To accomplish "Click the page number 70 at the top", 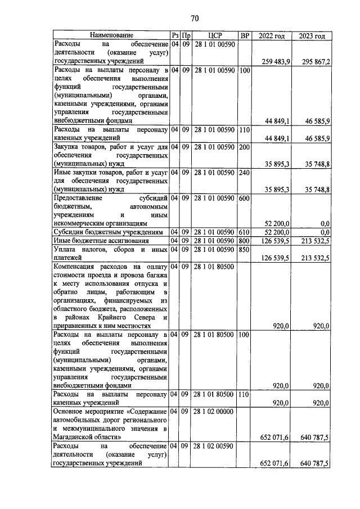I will (x=195, y=18).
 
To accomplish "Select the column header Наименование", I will (x=110, y=35).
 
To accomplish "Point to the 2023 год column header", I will (x=312, y=35).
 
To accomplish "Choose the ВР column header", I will (x=245, y=35).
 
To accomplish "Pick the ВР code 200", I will (x=245, y=147).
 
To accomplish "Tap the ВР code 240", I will (x=245, y=172).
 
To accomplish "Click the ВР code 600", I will (x=245, y=198).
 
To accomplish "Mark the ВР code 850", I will (x=245, y=249).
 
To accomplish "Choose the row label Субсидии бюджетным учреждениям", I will (x=107, y=232).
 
